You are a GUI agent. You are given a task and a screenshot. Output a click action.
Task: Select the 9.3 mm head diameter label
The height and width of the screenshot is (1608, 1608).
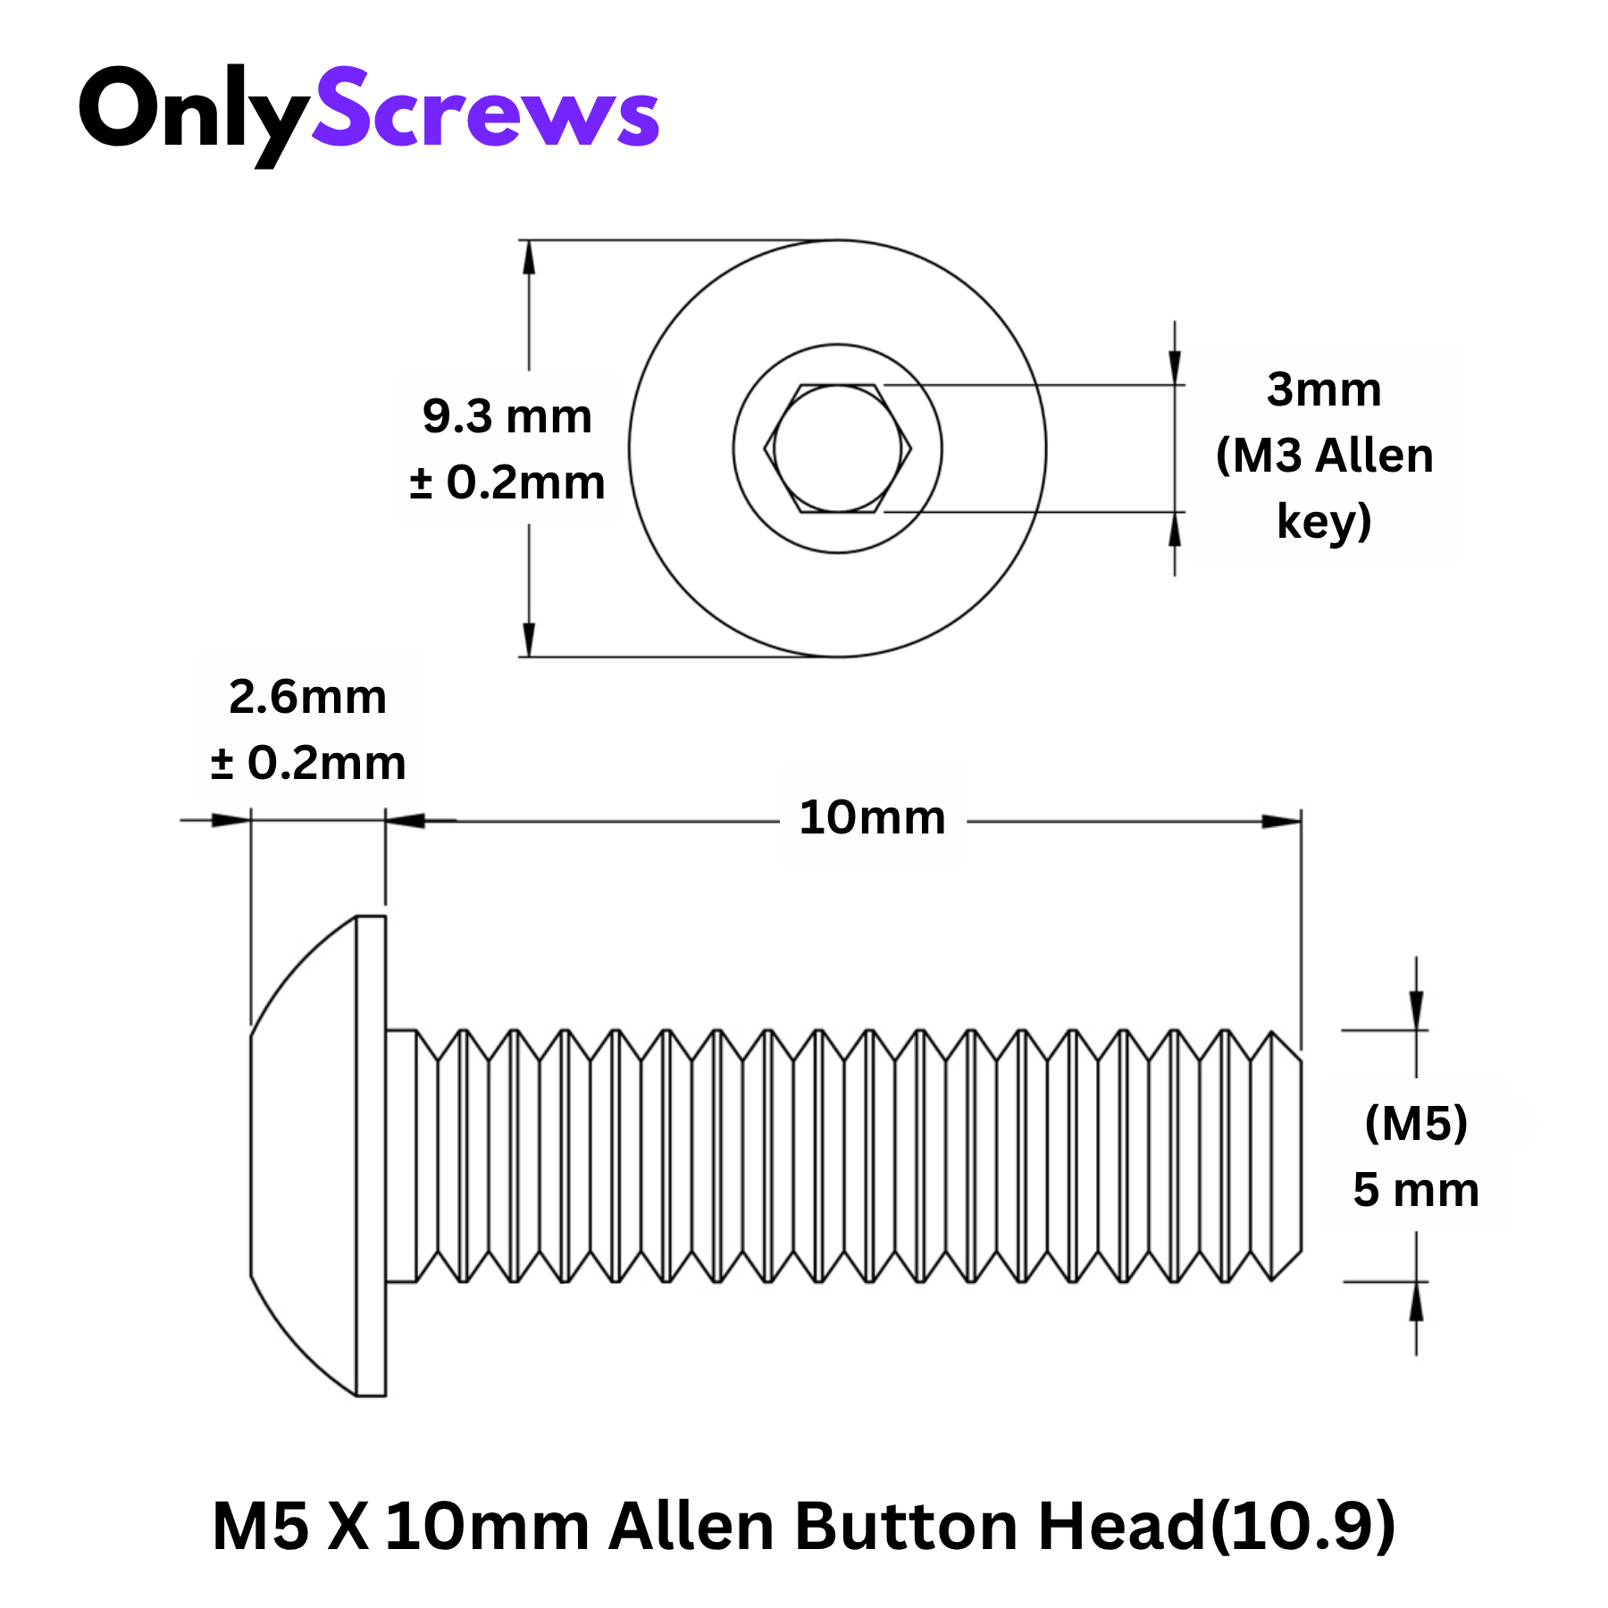pyautogui.click(x=507, y=416)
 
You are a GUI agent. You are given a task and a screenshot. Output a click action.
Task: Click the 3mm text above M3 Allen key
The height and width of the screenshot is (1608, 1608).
pyautogui.click(x=1324, y=389)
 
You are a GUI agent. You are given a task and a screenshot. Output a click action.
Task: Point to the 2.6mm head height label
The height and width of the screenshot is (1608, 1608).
pyautogui.click(x=307, y=697)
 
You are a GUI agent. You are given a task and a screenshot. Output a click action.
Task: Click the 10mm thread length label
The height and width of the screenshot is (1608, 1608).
pyautogui.click(x=872, y=817)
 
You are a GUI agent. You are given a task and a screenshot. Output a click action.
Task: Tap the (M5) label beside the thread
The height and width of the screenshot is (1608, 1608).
pyautogui.click(x=1416, y=1123)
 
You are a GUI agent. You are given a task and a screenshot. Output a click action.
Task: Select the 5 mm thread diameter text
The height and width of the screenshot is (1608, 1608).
pyautogui.click(x=1416, y=1190)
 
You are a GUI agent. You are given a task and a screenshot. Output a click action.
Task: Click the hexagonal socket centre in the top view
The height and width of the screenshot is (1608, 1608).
pyautogui.click(x=837, y=448)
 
